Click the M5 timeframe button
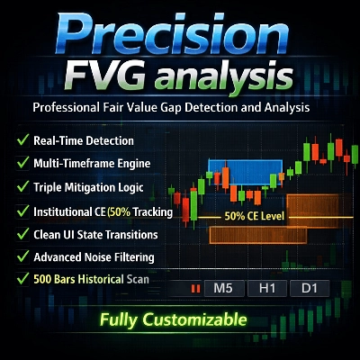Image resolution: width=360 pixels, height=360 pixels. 225,289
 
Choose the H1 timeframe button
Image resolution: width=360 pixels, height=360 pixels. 267,289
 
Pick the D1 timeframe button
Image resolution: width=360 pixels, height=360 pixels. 309,289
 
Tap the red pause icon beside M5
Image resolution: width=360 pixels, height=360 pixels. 193,289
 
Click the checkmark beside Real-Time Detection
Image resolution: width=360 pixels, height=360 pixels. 21,141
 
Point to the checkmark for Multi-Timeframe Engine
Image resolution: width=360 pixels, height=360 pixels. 21,165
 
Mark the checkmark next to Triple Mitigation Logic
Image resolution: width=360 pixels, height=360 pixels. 21,188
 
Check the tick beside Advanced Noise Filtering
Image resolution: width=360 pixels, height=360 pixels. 21,257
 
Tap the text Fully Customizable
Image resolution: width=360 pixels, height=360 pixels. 173,319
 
